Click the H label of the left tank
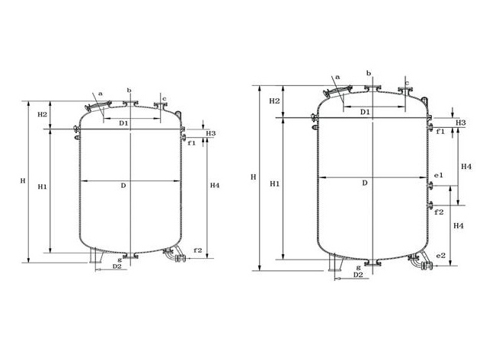(23, 181)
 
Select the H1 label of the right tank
(275, 184)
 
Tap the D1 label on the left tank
(123, 123)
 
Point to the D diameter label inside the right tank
(365, 183)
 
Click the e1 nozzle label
(439, 175)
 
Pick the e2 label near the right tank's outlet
(441, 256)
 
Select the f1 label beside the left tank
(191, 143)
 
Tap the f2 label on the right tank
(439, 212)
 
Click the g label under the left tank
(120, 260)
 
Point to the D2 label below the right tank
(358, 275)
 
